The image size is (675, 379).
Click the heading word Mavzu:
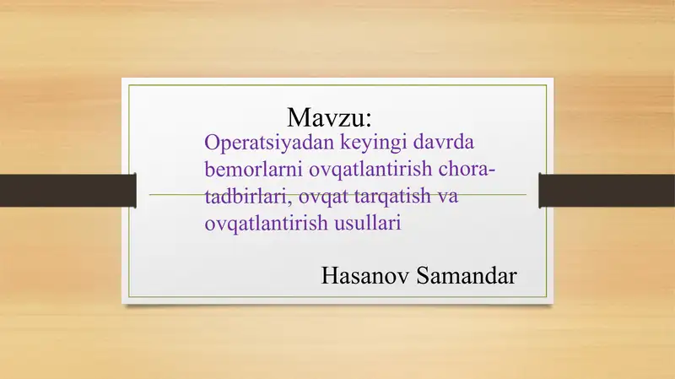pos(329,117)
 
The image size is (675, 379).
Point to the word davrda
pos(444,142)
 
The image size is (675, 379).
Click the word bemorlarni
pos(254,169)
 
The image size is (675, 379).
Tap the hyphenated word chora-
pos(467,169)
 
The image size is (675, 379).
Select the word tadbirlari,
pos(248,197)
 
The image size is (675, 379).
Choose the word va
pos(448,198)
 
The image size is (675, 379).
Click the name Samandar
pos(467,276)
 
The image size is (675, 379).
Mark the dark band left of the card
pos(68,191)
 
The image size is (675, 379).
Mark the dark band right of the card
pos(607,191)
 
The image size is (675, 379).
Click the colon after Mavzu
pos(368,120)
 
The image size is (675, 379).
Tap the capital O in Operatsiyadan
pos(212,143)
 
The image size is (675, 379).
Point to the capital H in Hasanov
pos(330,276)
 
